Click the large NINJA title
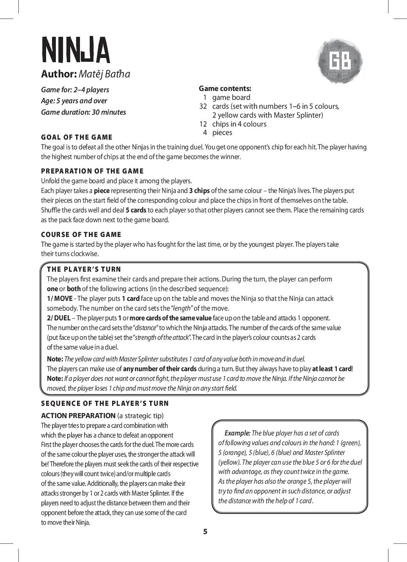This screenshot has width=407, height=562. click(x=75, y=50)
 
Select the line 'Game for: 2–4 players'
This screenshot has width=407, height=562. click(x=75, y=90)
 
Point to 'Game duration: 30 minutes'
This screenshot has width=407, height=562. click(x=83, y=112)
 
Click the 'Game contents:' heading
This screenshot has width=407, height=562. click(x=225, y=88)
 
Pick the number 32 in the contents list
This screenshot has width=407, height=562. click(x=203, y=106)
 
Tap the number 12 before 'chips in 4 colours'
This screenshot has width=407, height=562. click(x=203, y=124)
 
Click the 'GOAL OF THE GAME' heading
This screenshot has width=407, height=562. click(x=77, y=137)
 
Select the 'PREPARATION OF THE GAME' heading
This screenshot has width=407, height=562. click(x=92, y=171)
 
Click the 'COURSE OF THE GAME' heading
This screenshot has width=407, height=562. click(x=81, y=234)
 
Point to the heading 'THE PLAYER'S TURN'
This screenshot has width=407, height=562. click(x=84, y=269)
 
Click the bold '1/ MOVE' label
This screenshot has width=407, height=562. click(x=60, y=298)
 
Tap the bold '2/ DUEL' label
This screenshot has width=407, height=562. click(x=59, y=318)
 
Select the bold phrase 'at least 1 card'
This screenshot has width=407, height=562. click(x=332, y=369)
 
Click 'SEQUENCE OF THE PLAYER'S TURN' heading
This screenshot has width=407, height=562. click(x=105, y=403)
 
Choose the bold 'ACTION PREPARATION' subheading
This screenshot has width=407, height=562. click(x=78, y=416)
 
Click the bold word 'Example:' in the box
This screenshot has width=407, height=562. click(x=237, y=433)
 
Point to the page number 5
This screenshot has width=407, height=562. click(x=205, y=532)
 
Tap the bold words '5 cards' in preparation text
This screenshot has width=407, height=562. click(x=136, y=210)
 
